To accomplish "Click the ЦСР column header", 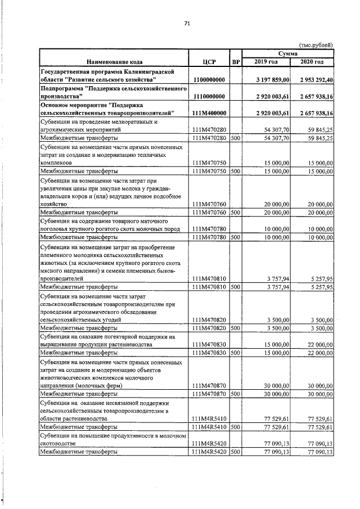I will click(x=209, y=61).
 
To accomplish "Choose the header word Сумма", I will click(x=288, y=53).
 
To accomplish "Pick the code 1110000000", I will click(x=209, y=97).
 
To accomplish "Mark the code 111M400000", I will click(x=209, y=114).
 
